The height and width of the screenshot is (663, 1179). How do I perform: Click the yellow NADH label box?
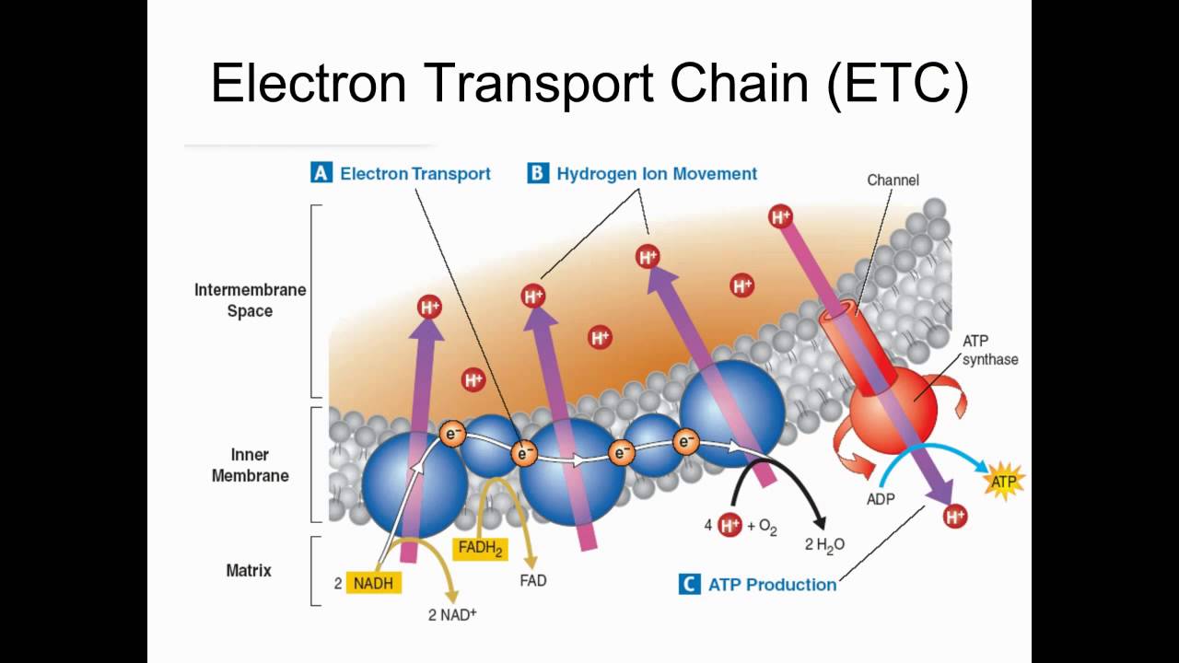pyautogui.click(x=375, y=582)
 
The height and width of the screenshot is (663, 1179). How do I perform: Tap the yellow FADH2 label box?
pyautogui.click(x=480, y=548)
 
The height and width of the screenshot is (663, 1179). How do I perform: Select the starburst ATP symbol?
pyautogui.click(x=1002, y=481)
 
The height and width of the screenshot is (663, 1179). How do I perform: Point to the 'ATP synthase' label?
pyautogui.click(x=989, y=350)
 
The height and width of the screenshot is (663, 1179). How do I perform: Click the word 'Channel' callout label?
pyautogui.click(x=893, y=180)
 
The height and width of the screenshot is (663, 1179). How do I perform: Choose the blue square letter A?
pyautogui.click(x=321, y=173)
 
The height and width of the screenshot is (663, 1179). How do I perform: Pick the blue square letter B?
pyautogui.click(x=538, y=173)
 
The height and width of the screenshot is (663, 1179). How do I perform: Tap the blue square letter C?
pyautogui.click(x=689, y=584)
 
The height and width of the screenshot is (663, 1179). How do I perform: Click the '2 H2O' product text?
pyautogui.click(x=824, y=544)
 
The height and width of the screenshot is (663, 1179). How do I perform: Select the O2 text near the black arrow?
pyautogui.click(x=768, y=527)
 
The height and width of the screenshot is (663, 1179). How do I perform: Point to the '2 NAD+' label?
pyautogui.click(x=452, y=614)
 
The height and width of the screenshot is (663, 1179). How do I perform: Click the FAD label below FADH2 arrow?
pyautogui.click(x=532, y=581)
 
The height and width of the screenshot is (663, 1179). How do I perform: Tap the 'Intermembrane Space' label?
pyautogui.click(x=250, y=300)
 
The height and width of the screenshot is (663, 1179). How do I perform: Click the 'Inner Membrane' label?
pyautogui.click(x=250, y=465)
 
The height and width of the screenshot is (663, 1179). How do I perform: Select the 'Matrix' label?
pyautogui.click(x=249, y=570)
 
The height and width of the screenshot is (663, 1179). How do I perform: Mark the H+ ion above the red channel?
pyautogui.click(x=780, y=217)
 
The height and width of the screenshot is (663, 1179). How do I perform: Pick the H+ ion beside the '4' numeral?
pyautogui.click(x=730, y=526)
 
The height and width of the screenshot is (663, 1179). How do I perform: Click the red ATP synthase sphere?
pyautogui.click(x=892, y=405)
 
